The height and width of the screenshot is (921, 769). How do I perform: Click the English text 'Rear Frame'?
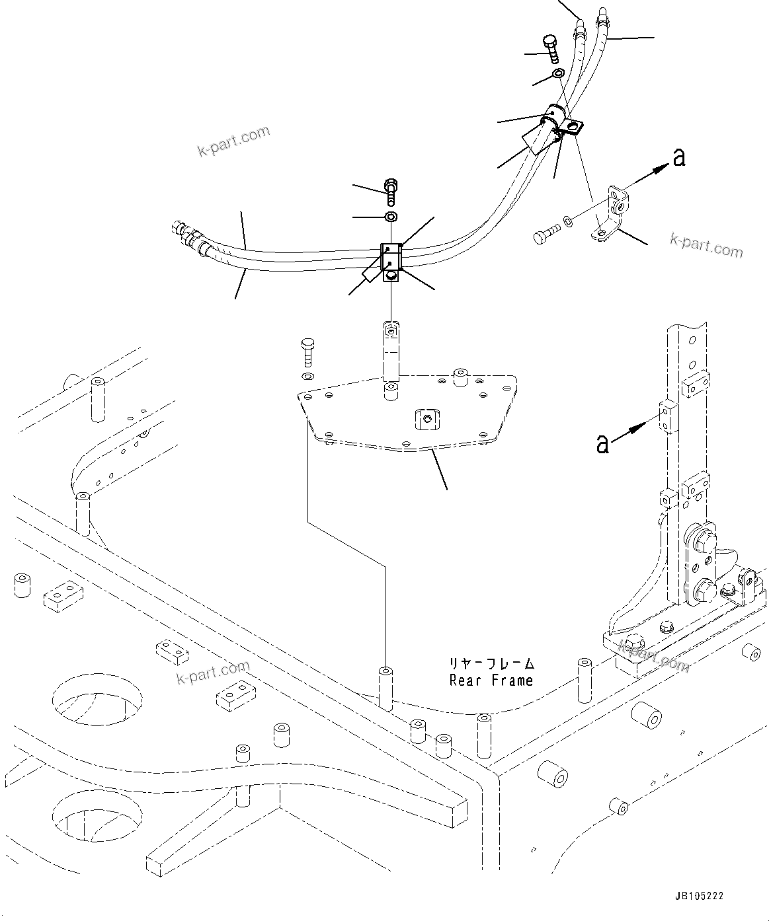491,680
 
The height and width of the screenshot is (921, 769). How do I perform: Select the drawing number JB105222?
700,897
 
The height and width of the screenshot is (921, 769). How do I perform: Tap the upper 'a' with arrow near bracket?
678,158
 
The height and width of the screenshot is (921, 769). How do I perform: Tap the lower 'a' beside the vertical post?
602,443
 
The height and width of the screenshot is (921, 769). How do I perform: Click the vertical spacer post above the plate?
391,353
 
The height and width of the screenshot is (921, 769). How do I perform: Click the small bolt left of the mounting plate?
307,352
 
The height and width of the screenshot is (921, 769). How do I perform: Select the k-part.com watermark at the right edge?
706,246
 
